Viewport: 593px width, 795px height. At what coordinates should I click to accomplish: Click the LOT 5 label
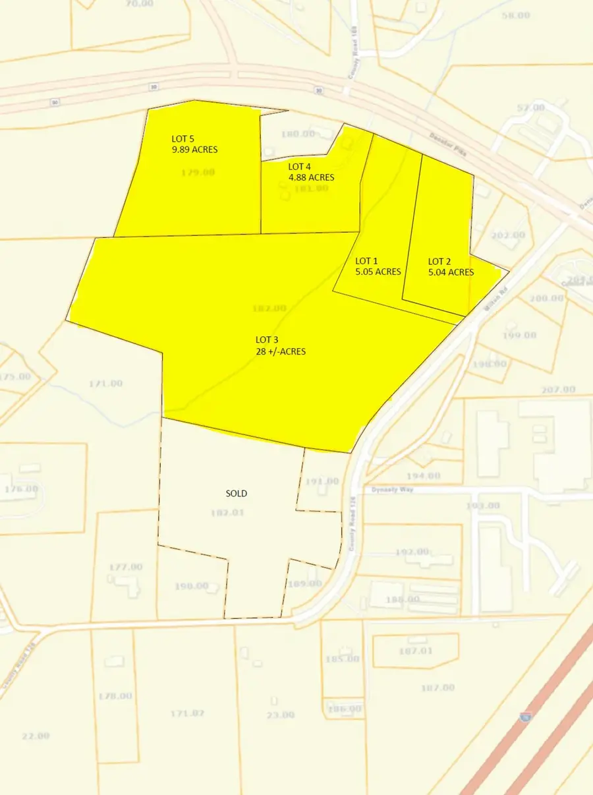[183, 139]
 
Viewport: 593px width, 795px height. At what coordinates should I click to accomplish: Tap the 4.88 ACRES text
[312, 177]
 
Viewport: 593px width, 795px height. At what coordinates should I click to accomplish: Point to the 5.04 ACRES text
[451, 272]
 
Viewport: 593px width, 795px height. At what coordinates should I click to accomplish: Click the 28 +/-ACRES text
[281, 351]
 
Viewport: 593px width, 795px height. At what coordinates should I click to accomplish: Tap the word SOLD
[237, 493]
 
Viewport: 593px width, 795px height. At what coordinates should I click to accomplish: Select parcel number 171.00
[106, 383]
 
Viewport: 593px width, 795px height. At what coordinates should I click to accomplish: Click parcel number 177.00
[126, 566]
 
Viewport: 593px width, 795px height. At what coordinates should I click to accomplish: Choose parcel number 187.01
[416, 651]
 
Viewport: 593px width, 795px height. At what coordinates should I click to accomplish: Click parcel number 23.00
[281, 715]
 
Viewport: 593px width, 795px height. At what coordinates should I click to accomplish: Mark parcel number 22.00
[36, 736]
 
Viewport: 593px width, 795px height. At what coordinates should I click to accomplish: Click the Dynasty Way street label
[391, 490]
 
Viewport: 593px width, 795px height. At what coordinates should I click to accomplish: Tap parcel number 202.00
[509, 235]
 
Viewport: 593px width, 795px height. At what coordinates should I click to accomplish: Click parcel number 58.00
[515, 15]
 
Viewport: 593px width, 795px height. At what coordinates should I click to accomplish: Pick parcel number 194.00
[424, 475]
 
